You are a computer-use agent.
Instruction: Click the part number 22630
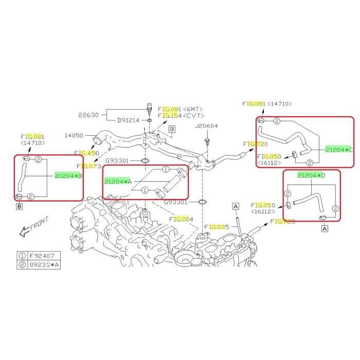[x=88, y=115]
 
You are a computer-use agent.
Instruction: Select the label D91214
[x=128, y=120]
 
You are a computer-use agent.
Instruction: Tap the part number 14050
[x=74, y=135]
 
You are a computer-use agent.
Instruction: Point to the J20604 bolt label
[x=206, y=126]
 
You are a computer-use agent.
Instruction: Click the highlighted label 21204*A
[x=118, y=182]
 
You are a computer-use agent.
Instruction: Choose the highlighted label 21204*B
[x=68, y=176]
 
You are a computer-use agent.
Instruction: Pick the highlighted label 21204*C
[x=339, y=150]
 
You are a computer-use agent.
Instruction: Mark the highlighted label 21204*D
[x=311, y=175]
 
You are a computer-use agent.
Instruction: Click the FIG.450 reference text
[x=86, y=153]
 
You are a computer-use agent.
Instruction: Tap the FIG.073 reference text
[x=89, y=166]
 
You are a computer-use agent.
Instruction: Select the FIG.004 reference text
[x=182, y=219]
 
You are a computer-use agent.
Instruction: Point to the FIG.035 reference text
[x=217, y=227]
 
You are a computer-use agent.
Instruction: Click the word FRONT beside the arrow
[x=39, y=223]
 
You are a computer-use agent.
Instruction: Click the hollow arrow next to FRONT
[x=24, y=231]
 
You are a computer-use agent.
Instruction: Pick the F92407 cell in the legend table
[x=42, y=256]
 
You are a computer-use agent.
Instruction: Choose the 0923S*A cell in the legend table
[x=44, y=265]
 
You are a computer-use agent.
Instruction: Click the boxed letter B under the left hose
[x=20, y=206]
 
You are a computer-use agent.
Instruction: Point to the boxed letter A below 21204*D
[x=325, y=229]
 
